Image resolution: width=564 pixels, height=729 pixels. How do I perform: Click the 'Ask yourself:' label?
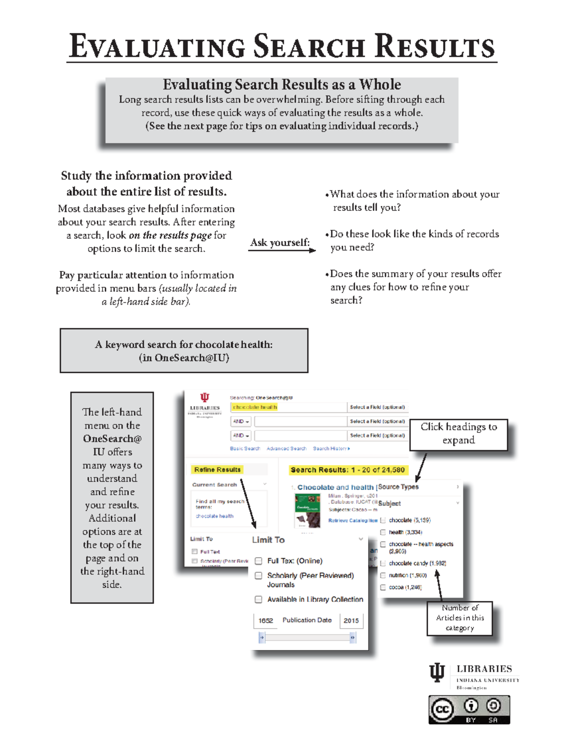pyautogui.click(x=280, y=243)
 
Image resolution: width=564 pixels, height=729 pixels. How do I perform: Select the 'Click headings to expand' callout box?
pyautogui.click(x=458, y=434)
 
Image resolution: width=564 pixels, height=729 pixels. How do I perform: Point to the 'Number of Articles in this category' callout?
pyautogui.click(x=459, y=618)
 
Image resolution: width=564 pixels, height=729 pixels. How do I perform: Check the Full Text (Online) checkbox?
pyautogui.click(x=258, y=561)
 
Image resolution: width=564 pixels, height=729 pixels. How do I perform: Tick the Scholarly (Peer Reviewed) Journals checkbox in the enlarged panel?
pyautogui.click(x=258, y=576)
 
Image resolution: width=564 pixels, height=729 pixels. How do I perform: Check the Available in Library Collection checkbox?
pyautogui.click(x=258, y=599)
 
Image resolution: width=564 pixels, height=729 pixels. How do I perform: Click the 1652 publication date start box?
pyautogui.click(x=266, y=621)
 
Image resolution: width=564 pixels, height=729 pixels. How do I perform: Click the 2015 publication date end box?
pyautogui.click(x=351, y=621)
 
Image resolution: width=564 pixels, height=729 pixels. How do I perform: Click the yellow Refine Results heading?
pyautogui.click(x=217, y=469)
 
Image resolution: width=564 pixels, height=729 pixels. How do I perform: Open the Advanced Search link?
pyautogui.click(x=286, y=449)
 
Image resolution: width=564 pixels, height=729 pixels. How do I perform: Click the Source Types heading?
pyautogui.click(x=399, y=487)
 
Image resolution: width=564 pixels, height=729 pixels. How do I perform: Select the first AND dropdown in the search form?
pyautogui.click(x=241, y=422)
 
